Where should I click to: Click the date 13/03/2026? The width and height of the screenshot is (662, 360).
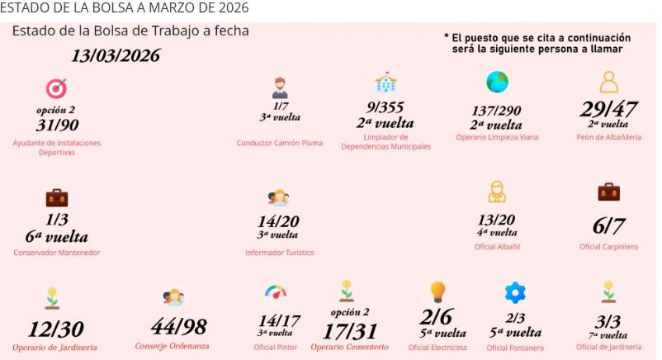(116, 57)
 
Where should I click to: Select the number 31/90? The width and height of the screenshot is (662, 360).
(56, 126)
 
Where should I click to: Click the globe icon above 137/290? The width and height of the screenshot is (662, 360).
(497, 82)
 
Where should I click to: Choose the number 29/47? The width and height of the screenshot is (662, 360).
(609, 110)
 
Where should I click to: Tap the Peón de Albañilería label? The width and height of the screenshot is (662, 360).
(609, 137)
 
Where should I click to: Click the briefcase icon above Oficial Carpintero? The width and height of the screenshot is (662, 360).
(608, 192)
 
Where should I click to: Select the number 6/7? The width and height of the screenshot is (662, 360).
(609, 225)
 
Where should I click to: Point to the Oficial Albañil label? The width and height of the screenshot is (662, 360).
(497, 246)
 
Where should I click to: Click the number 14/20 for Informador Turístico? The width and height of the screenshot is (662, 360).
(279, 221)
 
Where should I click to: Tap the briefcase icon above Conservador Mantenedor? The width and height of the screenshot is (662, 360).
(56, 197)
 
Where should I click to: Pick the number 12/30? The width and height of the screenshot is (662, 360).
(55, 329)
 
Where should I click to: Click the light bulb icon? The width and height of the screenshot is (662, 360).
(437, 291)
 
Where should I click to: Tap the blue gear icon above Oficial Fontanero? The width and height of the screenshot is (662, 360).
(515, 292)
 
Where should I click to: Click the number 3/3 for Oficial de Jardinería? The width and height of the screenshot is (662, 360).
(608, 322)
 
